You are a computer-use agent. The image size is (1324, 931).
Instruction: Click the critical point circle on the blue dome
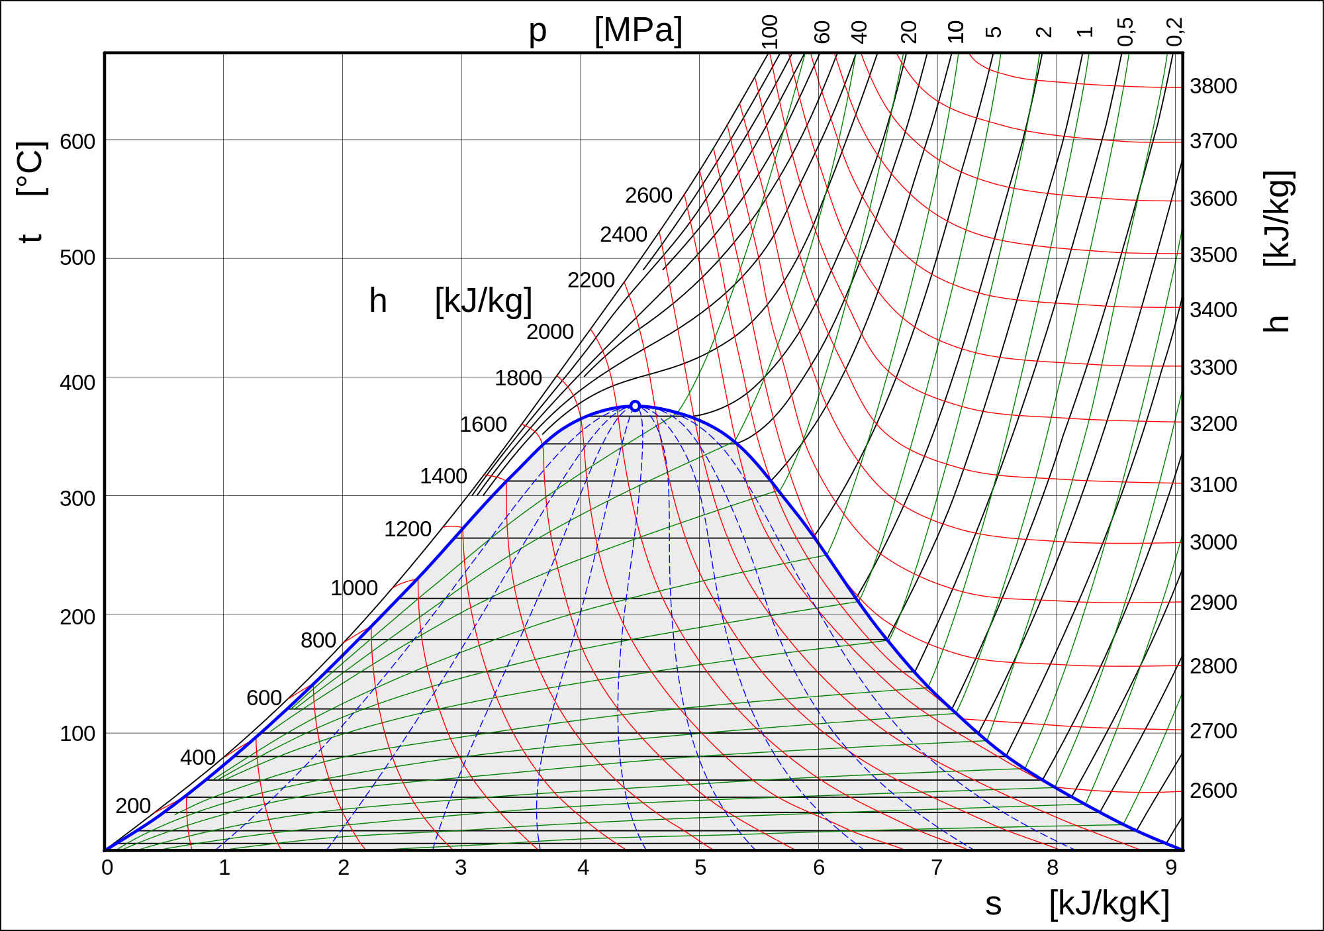635,406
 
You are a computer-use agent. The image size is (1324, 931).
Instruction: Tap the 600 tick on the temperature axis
77,142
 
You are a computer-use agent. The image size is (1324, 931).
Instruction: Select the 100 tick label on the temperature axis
77,734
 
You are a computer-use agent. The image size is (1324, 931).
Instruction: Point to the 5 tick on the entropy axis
700,867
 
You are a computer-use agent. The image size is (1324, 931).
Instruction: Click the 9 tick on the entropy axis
1171,867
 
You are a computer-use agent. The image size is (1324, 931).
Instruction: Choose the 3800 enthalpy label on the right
1213,86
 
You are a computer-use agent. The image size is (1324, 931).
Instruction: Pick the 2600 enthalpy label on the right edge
1213,791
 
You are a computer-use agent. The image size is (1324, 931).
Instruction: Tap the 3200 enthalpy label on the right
1213,424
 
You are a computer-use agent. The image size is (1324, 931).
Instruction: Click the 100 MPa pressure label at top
769,32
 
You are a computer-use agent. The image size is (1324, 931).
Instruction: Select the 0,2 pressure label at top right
1174,32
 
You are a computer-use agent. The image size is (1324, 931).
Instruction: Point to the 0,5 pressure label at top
1125,32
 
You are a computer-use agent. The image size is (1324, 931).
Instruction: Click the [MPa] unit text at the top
638,30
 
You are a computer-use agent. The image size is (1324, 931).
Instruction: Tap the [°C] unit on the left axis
31,169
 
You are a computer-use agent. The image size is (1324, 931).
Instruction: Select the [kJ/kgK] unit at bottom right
1110,903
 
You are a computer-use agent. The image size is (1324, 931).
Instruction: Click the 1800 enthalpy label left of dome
518,378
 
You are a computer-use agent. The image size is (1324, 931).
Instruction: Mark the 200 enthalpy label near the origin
133,806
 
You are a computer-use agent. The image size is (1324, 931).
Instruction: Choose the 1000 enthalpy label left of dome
354,588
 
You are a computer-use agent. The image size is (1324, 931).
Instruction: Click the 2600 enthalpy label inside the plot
649,195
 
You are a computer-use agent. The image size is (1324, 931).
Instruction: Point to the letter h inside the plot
378,301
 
